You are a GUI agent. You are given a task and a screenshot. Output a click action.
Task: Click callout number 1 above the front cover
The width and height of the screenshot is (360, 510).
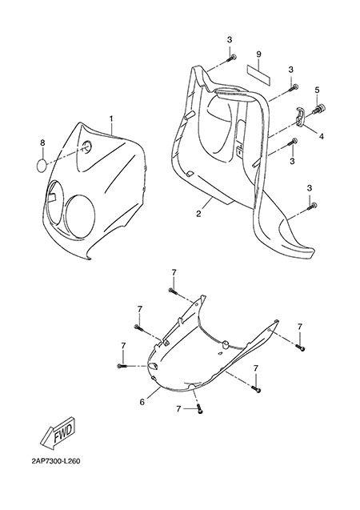(x=110, y=119)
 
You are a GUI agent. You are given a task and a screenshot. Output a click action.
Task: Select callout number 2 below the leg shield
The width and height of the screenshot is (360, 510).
(x=198, y=214)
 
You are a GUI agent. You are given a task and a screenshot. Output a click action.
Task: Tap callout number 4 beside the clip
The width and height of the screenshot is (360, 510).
(x=321, y=137)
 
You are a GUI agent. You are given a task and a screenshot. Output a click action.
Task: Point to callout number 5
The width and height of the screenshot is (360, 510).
(x=317, y=90)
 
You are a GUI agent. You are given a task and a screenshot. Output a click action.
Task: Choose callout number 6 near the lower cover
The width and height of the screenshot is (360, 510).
(x=142, y=402)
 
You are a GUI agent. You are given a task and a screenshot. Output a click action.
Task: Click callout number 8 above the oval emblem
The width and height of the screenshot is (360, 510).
(x=42, y=143)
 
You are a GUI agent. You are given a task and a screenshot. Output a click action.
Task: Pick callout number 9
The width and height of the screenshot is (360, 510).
(x=258, y=54)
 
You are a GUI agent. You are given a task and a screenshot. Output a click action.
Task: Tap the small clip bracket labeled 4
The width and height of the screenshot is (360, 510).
(x=301, y=117)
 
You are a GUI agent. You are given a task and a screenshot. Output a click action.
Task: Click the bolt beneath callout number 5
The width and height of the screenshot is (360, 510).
(x=319, y=109)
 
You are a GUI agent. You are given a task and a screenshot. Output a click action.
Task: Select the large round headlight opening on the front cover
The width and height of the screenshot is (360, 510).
(x=80, y=216)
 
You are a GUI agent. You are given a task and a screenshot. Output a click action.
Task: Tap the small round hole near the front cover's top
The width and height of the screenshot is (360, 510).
(x=87, y=147)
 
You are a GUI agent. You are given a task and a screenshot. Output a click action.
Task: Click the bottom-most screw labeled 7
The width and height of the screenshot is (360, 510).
(x=200, y=410)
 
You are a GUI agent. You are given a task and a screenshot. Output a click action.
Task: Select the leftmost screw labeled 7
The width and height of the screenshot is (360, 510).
(x=122, y=366)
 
